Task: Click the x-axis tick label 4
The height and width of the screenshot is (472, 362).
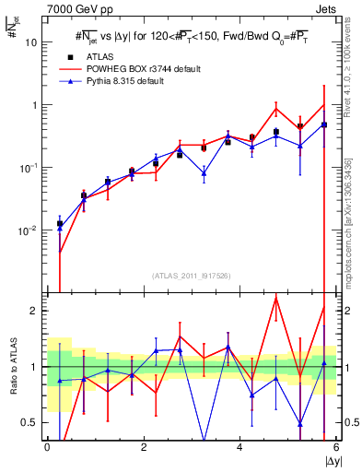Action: (x=239, y=447)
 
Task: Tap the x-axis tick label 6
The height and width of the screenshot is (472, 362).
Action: (x=335, y=447)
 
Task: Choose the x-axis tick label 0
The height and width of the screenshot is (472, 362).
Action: (x=47, y=447)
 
